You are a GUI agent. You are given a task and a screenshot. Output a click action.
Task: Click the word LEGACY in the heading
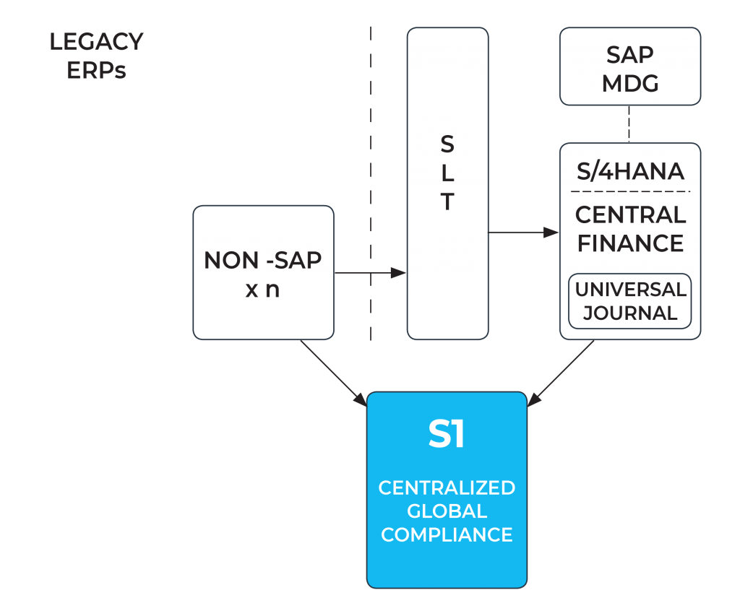click(x=96, y=43)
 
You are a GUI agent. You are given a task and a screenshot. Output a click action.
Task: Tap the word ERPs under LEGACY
click(x=96, y=71)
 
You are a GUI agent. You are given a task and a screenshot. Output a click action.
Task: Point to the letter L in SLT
click(x=447, y=174)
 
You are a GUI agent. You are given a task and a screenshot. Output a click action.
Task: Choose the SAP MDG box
click(x=630, y=66)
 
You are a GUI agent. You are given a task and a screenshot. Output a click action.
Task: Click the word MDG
click(x=630, y=83)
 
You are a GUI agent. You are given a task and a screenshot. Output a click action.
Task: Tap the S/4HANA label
click(x=630, y=172)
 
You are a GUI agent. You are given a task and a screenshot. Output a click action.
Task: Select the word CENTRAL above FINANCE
click(x=630, y=215)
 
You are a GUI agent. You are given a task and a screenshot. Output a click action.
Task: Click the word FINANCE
click(x=630, y=243)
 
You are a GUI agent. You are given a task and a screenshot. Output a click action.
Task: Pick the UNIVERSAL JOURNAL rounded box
click(x=630, y=301)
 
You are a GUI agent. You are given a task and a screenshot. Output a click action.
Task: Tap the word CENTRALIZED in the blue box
click(x=447, y=487)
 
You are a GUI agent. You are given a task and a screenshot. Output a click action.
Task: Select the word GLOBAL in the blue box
click(x=447, y=511)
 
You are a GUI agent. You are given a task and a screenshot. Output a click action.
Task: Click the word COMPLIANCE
click(x=447, y=535)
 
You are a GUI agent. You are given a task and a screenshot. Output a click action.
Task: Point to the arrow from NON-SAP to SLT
click(x=370, y=273)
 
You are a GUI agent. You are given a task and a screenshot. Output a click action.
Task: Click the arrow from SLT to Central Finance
click(x=524, y=233)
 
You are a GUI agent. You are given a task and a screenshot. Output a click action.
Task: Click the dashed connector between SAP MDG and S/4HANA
click(x=629, y=124)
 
